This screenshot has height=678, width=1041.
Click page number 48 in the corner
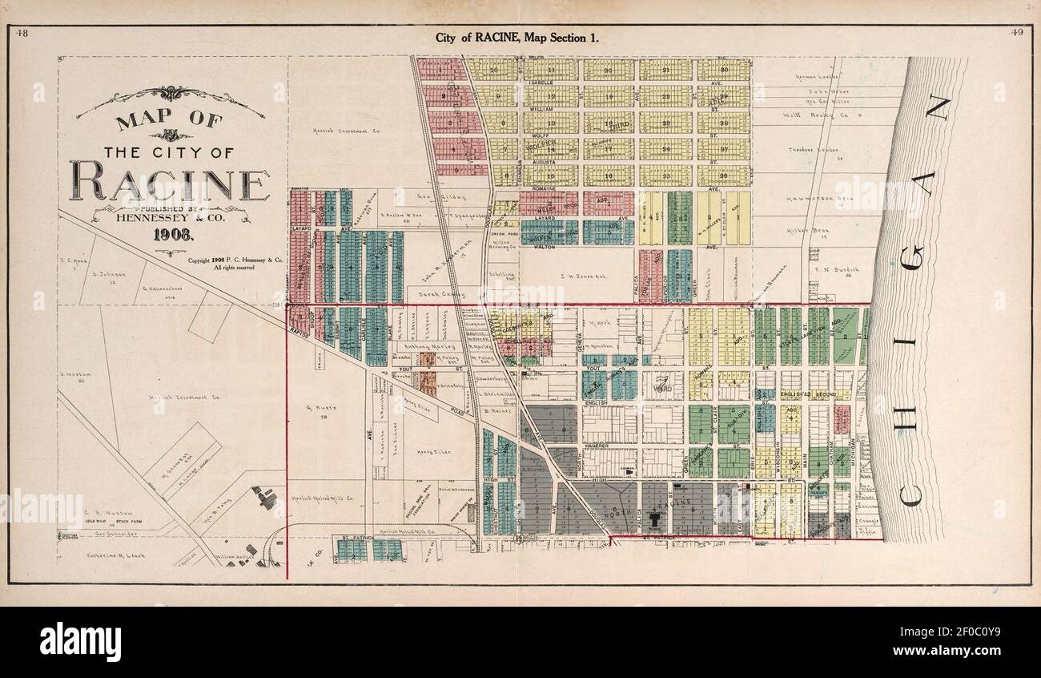[22, 33]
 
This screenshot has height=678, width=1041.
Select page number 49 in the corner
[1018, 33]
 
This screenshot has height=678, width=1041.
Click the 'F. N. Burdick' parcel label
[837, 270]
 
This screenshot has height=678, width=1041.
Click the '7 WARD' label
[661, 385]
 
